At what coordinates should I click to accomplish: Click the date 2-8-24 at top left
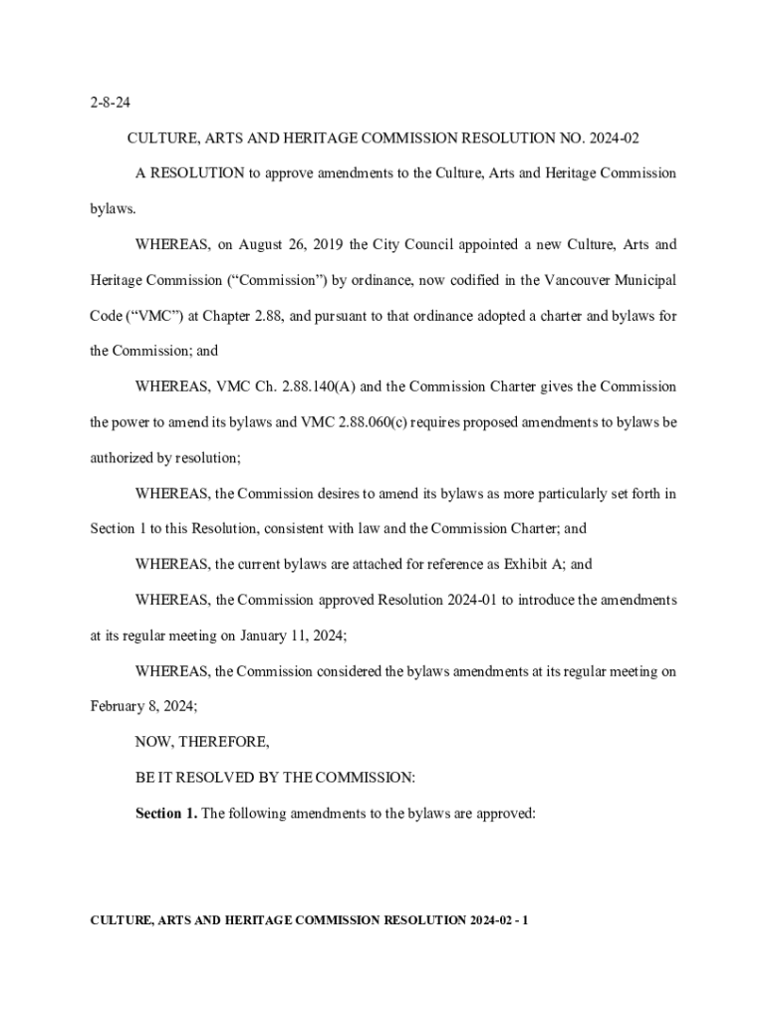pos(108,103)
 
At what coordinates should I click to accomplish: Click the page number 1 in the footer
pos(525,919)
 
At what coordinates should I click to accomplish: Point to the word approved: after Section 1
pos(506,813)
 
